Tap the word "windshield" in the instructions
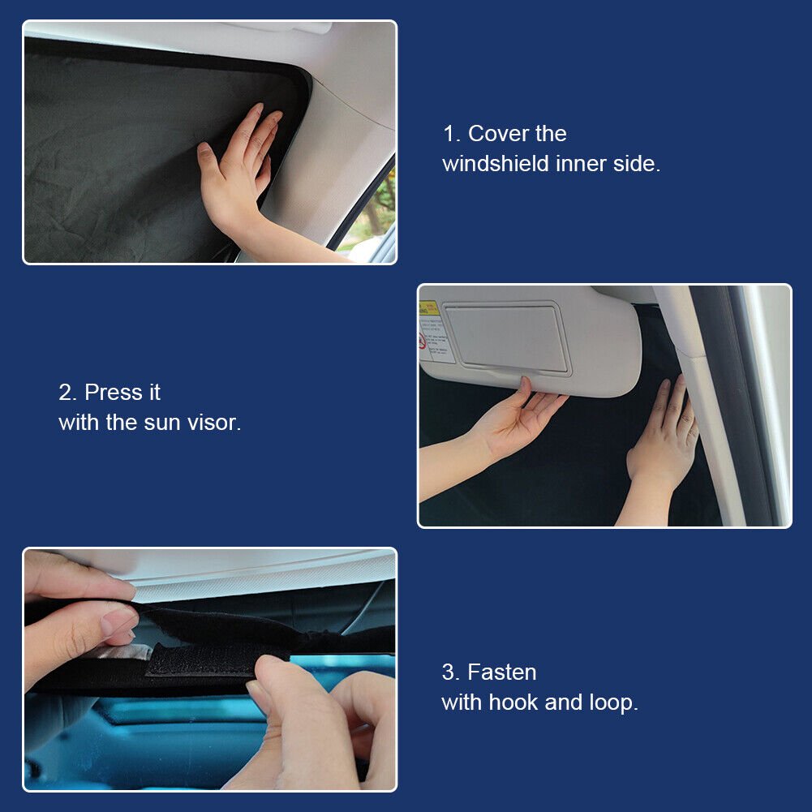(x=496, y=164)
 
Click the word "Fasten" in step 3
(x=502, y=672)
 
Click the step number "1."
(x=452, y=134)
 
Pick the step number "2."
(x=68, y=393)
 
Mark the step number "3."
(x=450, y=672)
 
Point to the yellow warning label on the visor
(x=428, y=308)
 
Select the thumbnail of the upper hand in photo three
(x=119, y=621)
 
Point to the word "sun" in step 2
(x=162, y=423)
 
